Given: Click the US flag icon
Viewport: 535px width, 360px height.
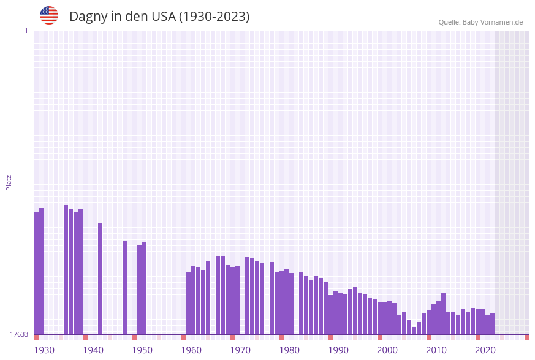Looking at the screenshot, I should point(49,15).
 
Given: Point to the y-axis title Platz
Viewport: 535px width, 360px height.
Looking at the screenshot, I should point(9,182).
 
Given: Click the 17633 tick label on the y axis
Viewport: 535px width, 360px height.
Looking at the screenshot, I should point(19,334).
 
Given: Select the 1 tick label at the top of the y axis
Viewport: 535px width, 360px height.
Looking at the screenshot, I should point(26,31).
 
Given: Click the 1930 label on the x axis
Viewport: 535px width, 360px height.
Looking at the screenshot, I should point(44,350).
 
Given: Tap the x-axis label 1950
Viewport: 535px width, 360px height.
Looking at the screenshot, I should point(142,350).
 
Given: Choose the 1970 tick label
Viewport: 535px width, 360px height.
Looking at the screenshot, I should point(240,350).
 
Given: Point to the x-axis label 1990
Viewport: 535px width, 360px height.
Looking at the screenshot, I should point(338,350).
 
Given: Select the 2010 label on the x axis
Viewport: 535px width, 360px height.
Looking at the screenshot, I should point(436,350).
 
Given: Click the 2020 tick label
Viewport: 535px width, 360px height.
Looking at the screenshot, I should point(485,350).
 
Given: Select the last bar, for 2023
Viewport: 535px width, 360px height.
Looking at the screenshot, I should point(492,323).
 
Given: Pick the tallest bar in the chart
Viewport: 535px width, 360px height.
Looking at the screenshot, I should point(66,270).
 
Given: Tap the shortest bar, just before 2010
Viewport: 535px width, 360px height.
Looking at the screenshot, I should point(414,331).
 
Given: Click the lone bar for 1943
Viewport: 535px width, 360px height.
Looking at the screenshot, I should point(100,278).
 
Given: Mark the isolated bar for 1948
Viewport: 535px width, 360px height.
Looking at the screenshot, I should point(124,288).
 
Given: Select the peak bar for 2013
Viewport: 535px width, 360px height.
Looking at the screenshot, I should point(443,313).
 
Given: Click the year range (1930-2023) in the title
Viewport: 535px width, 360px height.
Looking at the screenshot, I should point(214,17).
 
